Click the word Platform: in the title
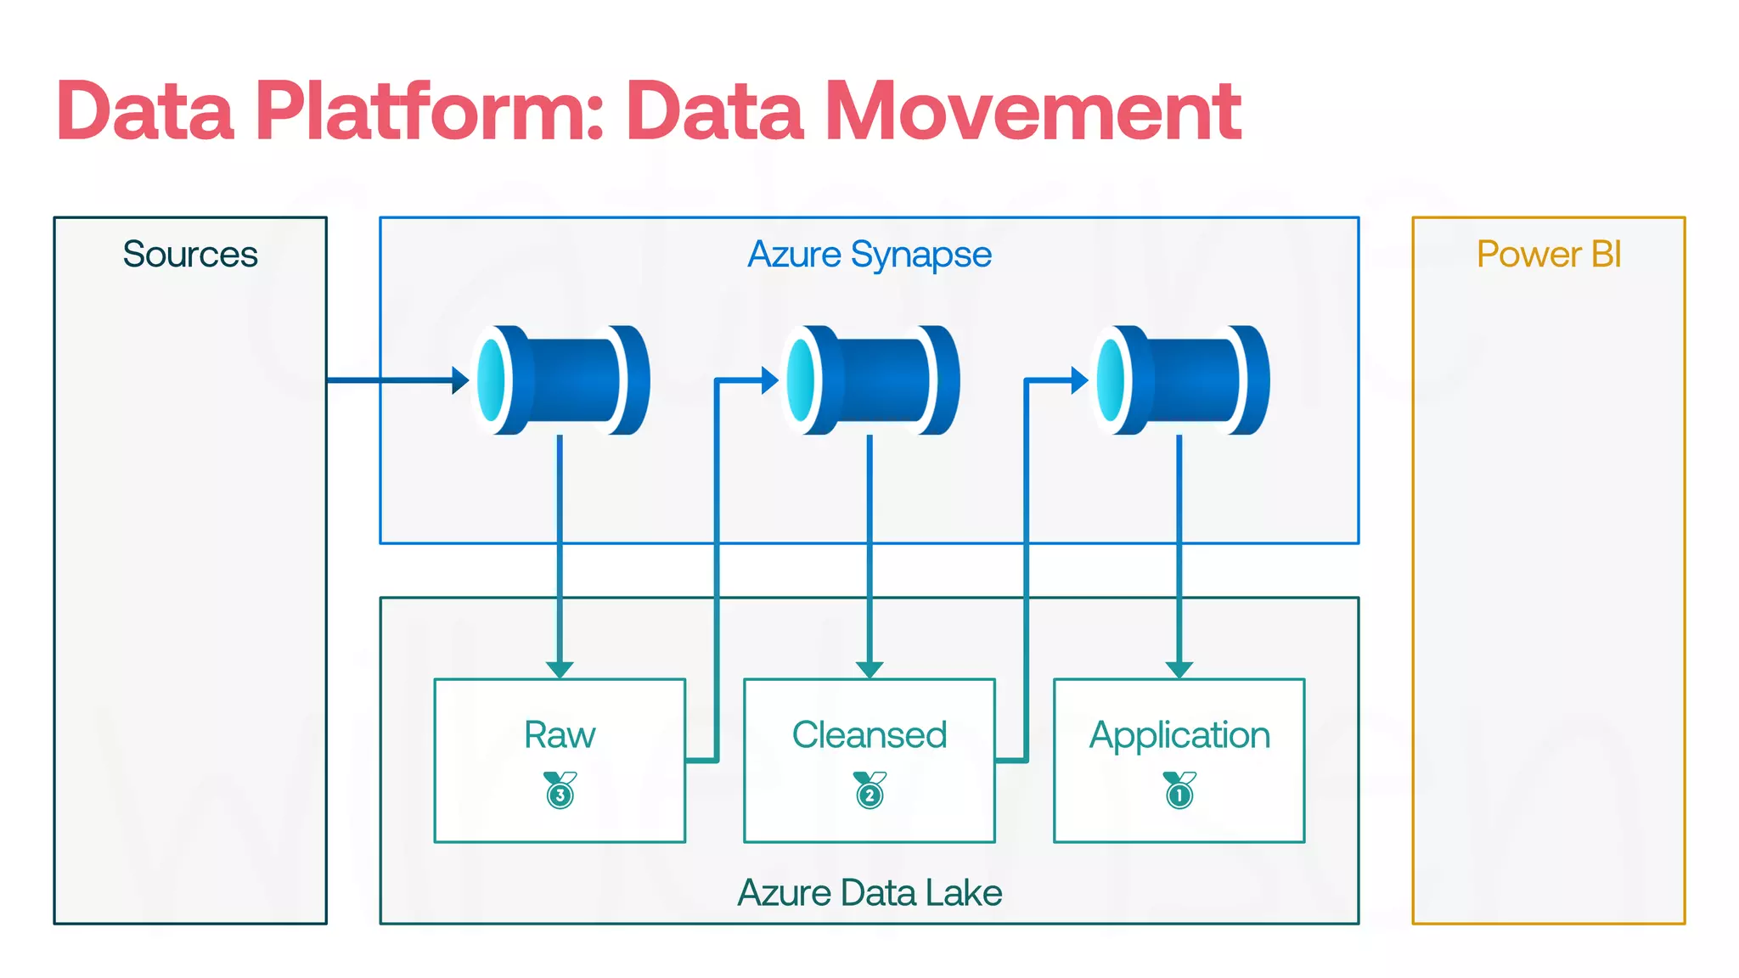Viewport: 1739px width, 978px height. coord(430,111)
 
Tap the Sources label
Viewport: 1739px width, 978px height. coord(190,254)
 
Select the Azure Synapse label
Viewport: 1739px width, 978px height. coord(869,254)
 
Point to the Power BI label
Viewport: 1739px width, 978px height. coord(1549,254)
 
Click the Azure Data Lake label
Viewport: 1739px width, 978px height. coord(869,892)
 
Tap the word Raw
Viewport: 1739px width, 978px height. coord(560,734)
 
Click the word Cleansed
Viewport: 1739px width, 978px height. coord(869,734)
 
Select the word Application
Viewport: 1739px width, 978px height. coord(1179,734)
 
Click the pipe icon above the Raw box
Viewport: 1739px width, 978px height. coord(560,380)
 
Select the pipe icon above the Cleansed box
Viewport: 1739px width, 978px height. coord(870,380)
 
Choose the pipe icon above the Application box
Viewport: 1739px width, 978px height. coord(1180,380)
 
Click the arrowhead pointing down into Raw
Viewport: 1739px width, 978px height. coord(560,670)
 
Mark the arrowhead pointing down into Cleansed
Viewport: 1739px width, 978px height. coord(869,670)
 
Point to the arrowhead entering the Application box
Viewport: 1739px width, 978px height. coord(1179,670)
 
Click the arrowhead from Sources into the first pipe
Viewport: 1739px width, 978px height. coord(460,380)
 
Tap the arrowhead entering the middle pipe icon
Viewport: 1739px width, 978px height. coord(770,380)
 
